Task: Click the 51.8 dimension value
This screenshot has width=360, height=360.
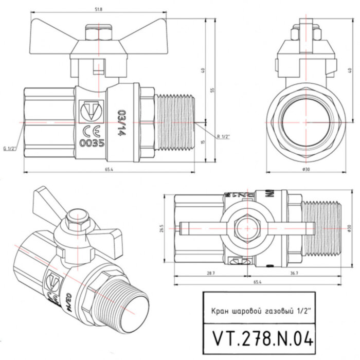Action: [x=93, y=9]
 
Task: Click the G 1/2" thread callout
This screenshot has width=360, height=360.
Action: [x=10, y=149]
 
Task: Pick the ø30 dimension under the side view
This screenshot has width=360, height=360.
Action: [x=306, y=169]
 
